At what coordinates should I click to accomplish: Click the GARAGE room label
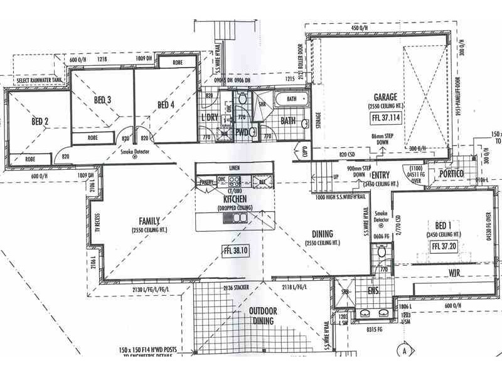click(x=386, y=98)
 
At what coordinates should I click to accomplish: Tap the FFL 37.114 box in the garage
click(x=386, y=118)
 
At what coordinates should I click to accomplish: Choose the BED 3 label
click(x=103, y=100)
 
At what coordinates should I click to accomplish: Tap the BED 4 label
click(x=166, y=104)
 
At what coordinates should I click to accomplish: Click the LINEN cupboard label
click(x=234, y=168)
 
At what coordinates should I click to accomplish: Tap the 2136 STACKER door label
click(x=236, y=287)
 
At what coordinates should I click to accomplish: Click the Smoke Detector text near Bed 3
click(x=134, y=152)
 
